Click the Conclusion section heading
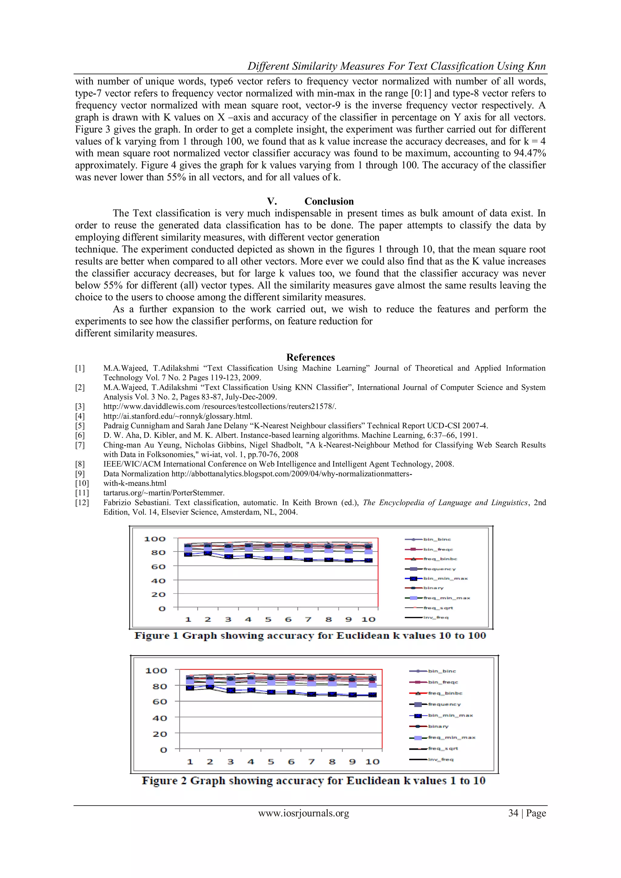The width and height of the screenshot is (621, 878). point(329,201)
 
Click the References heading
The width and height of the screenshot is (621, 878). point(310,357)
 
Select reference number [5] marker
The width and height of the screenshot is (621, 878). point(80,426)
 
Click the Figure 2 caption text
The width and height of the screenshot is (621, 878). point(314,780)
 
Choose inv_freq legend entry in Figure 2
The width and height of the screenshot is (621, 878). point(441,759)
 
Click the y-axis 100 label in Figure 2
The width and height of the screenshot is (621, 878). point(156,671)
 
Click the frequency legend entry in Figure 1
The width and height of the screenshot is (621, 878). point(439,569)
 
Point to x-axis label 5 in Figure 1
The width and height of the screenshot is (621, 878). point(268,619)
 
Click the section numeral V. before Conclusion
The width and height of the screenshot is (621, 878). point(272,201)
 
